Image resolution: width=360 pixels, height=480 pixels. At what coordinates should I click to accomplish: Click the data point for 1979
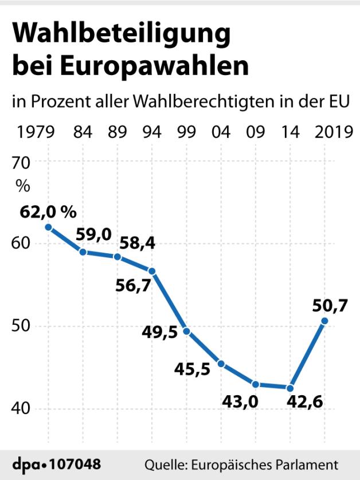49,227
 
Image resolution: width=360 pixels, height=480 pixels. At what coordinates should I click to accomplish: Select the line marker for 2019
324,321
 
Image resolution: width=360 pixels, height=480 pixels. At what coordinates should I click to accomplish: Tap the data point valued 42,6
290,388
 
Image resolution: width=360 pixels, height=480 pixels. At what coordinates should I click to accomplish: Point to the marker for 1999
186,331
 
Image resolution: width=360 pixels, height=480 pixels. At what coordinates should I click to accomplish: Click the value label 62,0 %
48,211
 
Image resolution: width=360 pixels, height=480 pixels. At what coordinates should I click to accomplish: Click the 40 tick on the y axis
27,409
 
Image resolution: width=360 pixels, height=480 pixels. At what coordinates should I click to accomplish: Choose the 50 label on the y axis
27,326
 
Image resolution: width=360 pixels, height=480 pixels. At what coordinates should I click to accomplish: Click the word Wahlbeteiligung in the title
121,36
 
